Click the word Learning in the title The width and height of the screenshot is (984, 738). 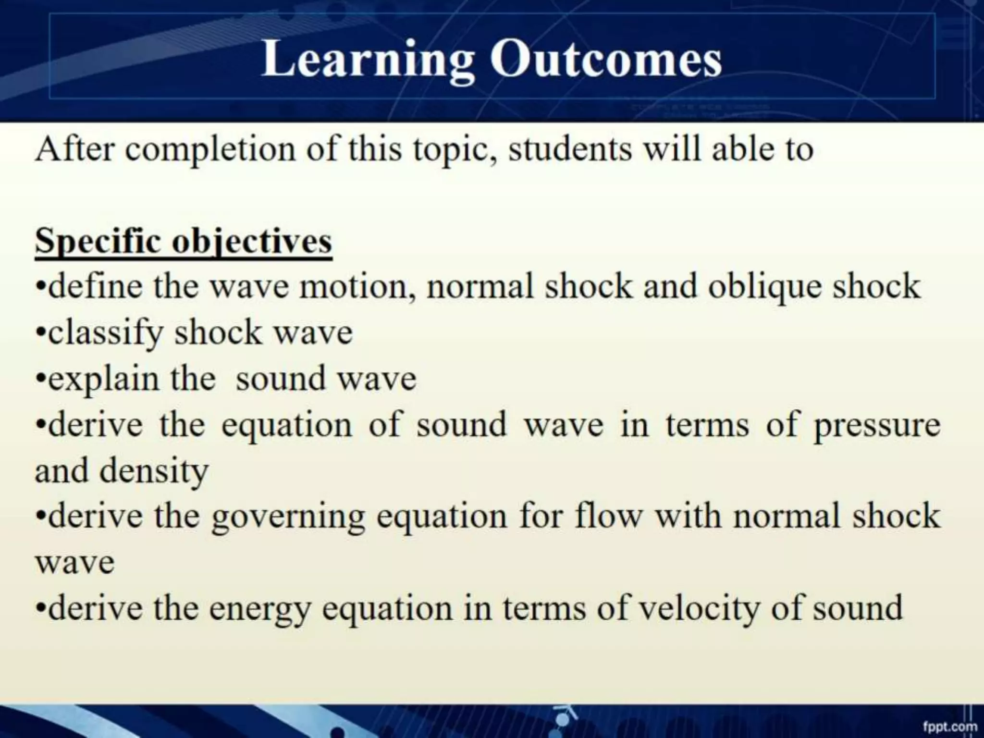(368, 60)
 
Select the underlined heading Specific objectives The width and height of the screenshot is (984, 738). (184, 242)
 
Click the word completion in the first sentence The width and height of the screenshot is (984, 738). (210, 150)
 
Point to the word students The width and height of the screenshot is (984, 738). (570, 149)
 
